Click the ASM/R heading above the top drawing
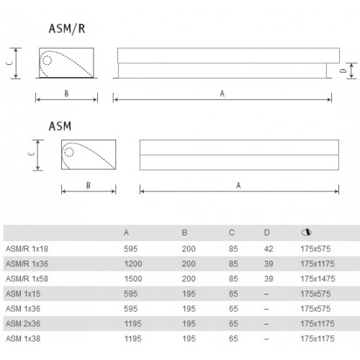coord(67,29)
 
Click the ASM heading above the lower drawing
coord(60,126)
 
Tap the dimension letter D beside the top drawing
coord(343,71)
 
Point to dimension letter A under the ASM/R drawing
coord(222,94)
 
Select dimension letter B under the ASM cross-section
coord(89,185)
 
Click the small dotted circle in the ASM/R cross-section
coord(47,60)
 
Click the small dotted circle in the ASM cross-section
coord(69,152)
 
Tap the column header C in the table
coord(232,233)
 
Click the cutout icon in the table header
coord(306,232)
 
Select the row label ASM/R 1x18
coord(27,248)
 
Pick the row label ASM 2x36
coord(23,323)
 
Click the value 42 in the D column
coord(269,248)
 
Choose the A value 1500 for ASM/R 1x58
coord(133,279)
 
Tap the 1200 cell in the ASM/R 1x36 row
coord(133,264)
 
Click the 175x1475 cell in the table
coord(318,279)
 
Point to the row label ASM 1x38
coord(23,338)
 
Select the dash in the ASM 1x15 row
coord(266,294)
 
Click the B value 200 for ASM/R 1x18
coord(189,248)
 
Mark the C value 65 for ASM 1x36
coord(233,309)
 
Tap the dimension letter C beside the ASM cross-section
coord(32,153)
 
